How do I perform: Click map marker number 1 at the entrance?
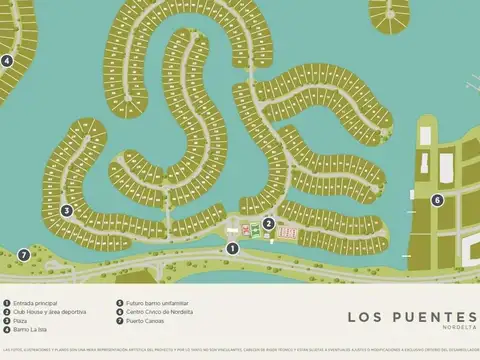pos(232,248)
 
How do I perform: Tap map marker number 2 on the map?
pos(268,223)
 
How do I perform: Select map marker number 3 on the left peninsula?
pos(66,210)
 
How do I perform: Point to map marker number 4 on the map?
pos(6,60)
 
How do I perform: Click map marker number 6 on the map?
pos(437,200)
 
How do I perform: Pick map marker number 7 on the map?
pos(24,255)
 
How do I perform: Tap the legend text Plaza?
pos(23,321)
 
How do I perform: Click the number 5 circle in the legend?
pos(119,303)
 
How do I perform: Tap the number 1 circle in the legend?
pos(7,303)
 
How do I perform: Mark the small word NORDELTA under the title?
pos(459,329)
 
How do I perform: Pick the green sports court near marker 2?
pos(254,233)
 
